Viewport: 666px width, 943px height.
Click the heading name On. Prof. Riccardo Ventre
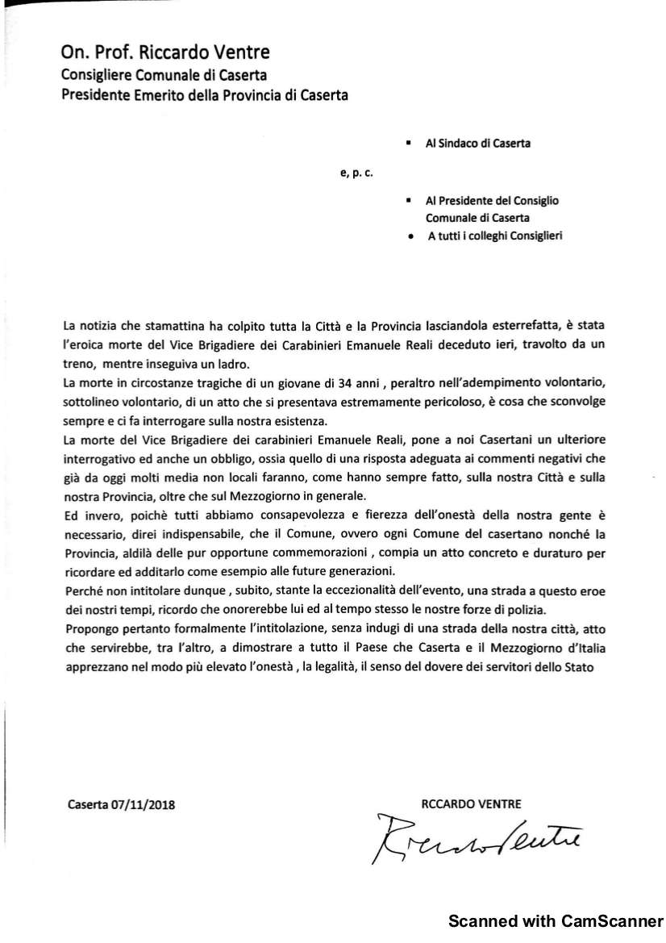[x=166, y=53]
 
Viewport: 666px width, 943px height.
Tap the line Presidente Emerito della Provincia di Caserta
[x=206, y=96]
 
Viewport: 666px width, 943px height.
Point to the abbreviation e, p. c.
[x=356, y=172]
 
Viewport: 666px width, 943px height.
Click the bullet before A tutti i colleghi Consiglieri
[x=410, y=236]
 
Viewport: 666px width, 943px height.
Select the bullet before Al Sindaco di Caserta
[x=410, y=144]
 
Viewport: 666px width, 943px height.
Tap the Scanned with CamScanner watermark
[x=555, y=920]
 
